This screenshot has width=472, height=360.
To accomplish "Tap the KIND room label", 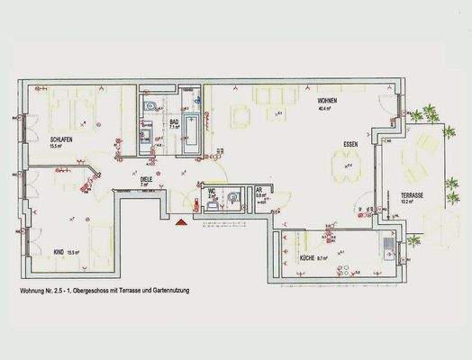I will [59, 252].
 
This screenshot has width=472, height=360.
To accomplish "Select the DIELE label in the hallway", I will [145, 178].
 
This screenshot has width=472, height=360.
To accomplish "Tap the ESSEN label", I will [352, 144].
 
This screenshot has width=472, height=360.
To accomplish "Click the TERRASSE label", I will [413, 194].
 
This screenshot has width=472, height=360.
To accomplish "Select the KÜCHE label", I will [311, 258].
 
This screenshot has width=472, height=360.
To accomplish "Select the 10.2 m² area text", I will [408, 202].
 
